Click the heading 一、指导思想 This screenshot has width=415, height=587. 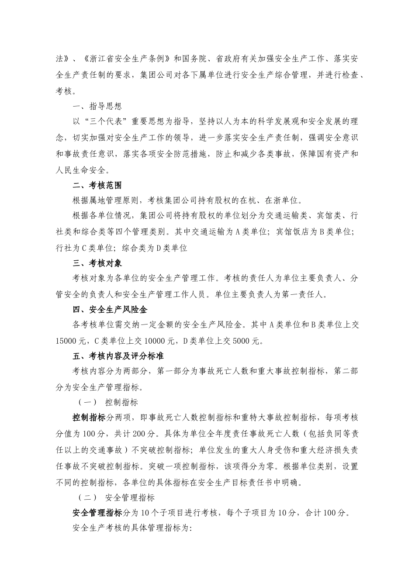pyautogui.click(x=97, y=107)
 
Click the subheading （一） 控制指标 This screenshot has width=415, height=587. pyautogui.click(x=108, y=402)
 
